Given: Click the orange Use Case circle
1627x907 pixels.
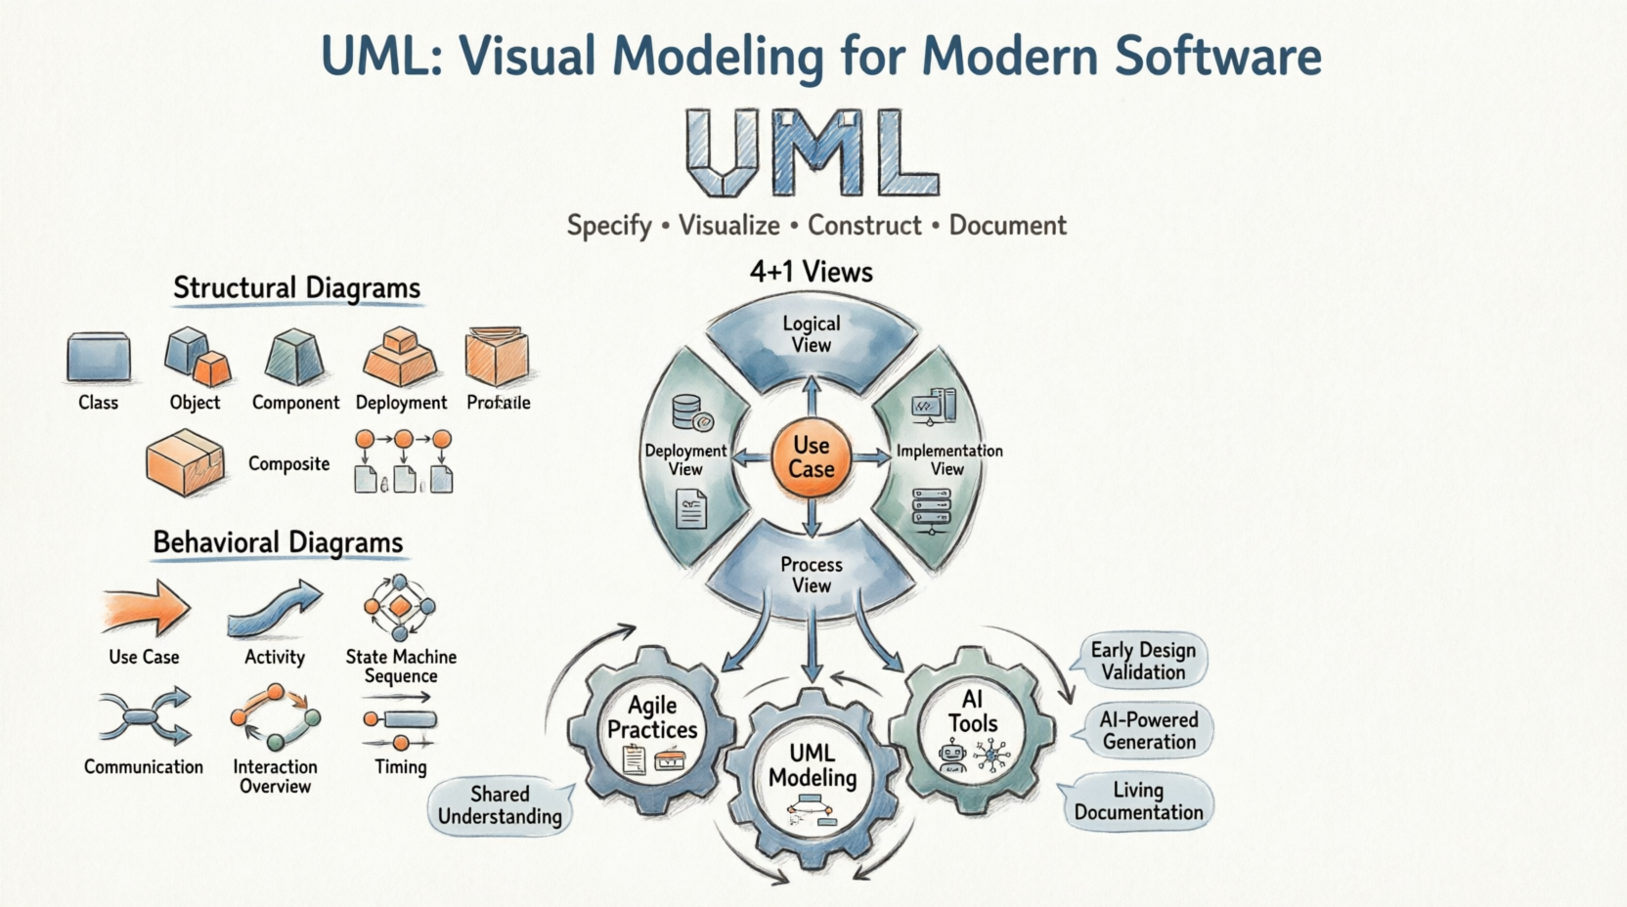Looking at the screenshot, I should pyautogui.click(x=811, y=457).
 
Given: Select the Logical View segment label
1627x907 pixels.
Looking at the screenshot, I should pyautogui.click(x=811, y=334).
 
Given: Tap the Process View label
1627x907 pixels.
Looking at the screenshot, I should pyautogui.click(x=811, y=575).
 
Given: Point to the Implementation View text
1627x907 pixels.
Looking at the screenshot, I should pyautogui.click(x=948, y=459).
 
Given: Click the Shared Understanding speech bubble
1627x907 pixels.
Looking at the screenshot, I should pyautogui.click(x=500, y=805).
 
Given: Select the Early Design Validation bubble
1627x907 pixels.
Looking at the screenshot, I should pyautogui.click(x=1142, y=661).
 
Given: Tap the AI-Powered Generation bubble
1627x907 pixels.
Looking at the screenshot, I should pyautogui.click(x=1148, y=730).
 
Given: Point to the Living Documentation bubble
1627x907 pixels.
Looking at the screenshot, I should pyautogui.click(x=1138, y=801).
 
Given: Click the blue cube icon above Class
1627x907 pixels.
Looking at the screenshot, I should pyautogui.click(x=99, y=357).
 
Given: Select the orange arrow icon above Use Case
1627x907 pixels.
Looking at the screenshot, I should pyautogui.click(x=147, y=608).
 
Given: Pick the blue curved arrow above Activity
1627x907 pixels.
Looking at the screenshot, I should pyautogui.click(x=275, y=609).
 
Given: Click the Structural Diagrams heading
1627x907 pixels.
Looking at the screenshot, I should pyautogui.click(x=296, y=287).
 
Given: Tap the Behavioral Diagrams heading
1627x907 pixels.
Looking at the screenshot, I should pyautogui.click(x=278, y=542).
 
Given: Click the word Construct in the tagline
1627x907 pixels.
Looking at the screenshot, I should pyautogui.click(x=864, y=226).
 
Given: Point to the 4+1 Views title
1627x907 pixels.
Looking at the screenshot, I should pyautogui.click(x=811, y=272).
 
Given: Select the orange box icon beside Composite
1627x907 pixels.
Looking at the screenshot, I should pyautogui.click(x=185, y=463).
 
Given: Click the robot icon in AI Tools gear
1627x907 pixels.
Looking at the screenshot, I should pyautogui.click(x=951, y=756).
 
